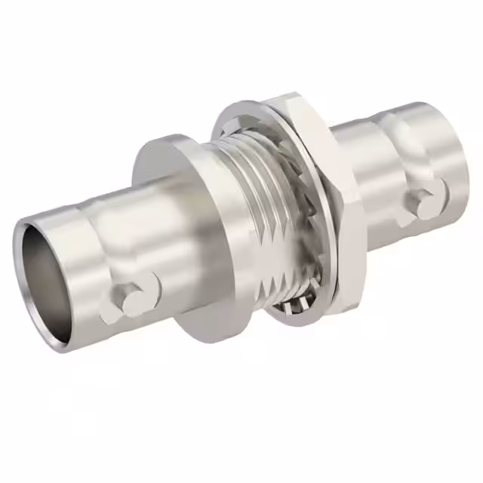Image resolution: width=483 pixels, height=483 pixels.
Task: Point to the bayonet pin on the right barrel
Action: pos(426,200)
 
